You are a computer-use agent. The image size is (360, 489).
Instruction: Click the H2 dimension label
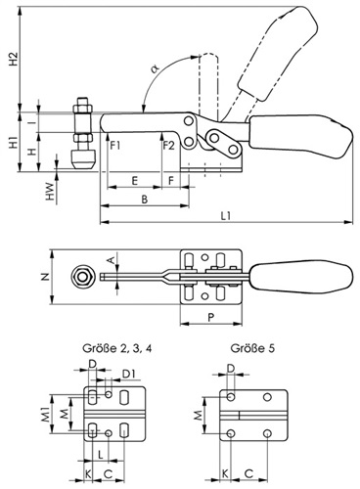click(x=14, y=59)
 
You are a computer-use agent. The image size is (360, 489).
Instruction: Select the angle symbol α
click(x=155, y=68)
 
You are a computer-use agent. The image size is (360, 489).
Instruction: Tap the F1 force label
click(x=115, y=146)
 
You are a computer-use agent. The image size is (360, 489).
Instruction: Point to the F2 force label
click(x=169, y=146)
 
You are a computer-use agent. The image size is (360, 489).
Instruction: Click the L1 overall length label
click(x=226, y=215)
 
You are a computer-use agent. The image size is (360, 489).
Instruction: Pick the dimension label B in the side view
click(x=145, y=199)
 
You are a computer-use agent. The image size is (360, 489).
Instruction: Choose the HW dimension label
click(x=49, y=192)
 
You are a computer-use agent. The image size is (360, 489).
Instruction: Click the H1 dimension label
click(x=14, y=142)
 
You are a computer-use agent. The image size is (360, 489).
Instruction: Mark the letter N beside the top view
click(x=46, y=277)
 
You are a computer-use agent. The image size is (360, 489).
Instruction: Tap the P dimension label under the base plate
click(x=211, y=317)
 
